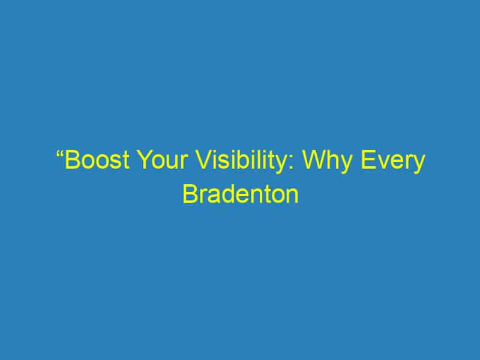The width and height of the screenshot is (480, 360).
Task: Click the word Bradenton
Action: click(x=240, y=195)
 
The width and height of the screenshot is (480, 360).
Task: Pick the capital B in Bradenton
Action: click(x=190, y=195)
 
